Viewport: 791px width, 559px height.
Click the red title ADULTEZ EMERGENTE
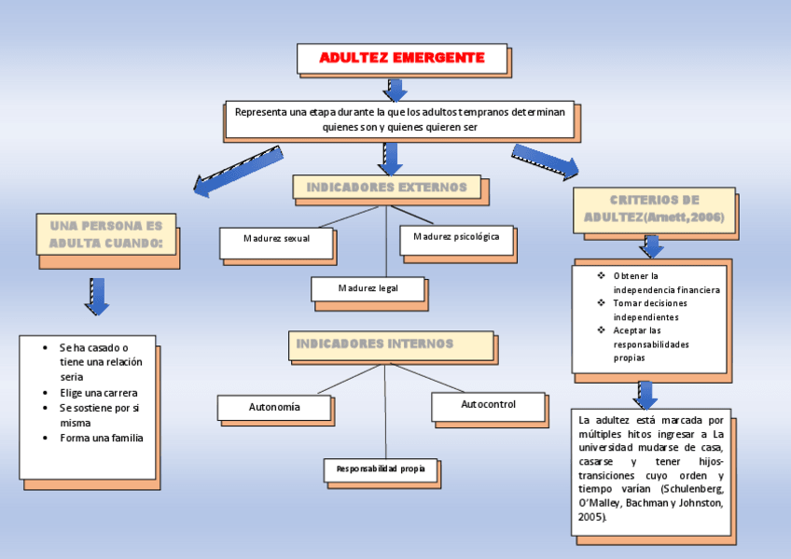pos(402,58)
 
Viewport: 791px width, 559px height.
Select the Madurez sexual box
pos(276,238)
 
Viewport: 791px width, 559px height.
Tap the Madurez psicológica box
pos(456,236)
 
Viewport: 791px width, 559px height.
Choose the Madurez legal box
pos(368,288)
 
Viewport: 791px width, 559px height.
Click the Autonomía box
pos(274,408)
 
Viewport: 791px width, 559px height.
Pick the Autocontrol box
pos(488,405)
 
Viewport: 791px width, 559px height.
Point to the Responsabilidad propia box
pos(381,468)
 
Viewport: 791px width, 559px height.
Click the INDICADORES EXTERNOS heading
pos(387,188)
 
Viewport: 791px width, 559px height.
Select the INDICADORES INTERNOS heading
pos(375,343)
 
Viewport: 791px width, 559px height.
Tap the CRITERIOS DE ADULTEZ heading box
pos(654,209)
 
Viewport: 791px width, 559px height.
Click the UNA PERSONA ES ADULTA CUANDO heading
pos(105,234)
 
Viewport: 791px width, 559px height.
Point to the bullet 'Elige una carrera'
pos(98,393)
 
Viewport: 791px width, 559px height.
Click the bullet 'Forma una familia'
pos(102,438)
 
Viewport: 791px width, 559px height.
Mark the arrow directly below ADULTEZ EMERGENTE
pos(395,89)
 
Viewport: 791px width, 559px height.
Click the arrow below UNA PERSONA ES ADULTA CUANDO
pos(97,295)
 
